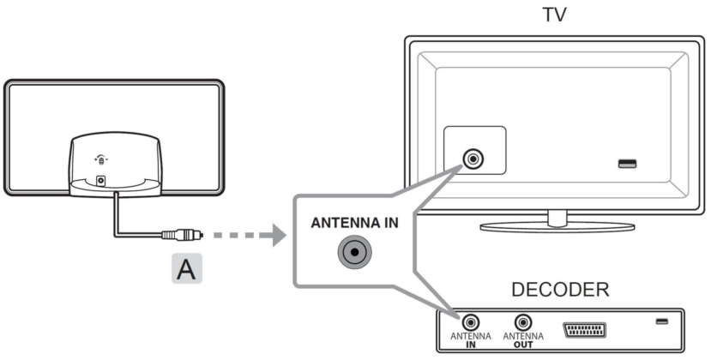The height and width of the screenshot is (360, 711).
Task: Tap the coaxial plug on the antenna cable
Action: pos(184,234)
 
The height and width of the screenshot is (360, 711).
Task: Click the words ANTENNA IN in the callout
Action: pos(354,223)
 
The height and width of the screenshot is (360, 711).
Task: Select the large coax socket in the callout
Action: pos(353,253)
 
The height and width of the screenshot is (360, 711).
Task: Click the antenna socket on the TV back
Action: pos(472,159)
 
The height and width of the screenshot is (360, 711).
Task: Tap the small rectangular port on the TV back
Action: pos(627,162)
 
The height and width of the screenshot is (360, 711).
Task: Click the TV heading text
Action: pos(554,15)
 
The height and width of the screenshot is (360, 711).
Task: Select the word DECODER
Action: pos(560,291)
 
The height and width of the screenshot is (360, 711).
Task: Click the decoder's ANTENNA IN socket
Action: pos(471,325)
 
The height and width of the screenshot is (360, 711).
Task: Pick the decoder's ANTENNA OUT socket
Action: pos(521,325)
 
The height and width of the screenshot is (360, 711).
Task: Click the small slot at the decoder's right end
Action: pos(661,321)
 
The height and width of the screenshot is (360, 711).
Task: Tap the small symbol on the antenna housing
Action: pos(101,159)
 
